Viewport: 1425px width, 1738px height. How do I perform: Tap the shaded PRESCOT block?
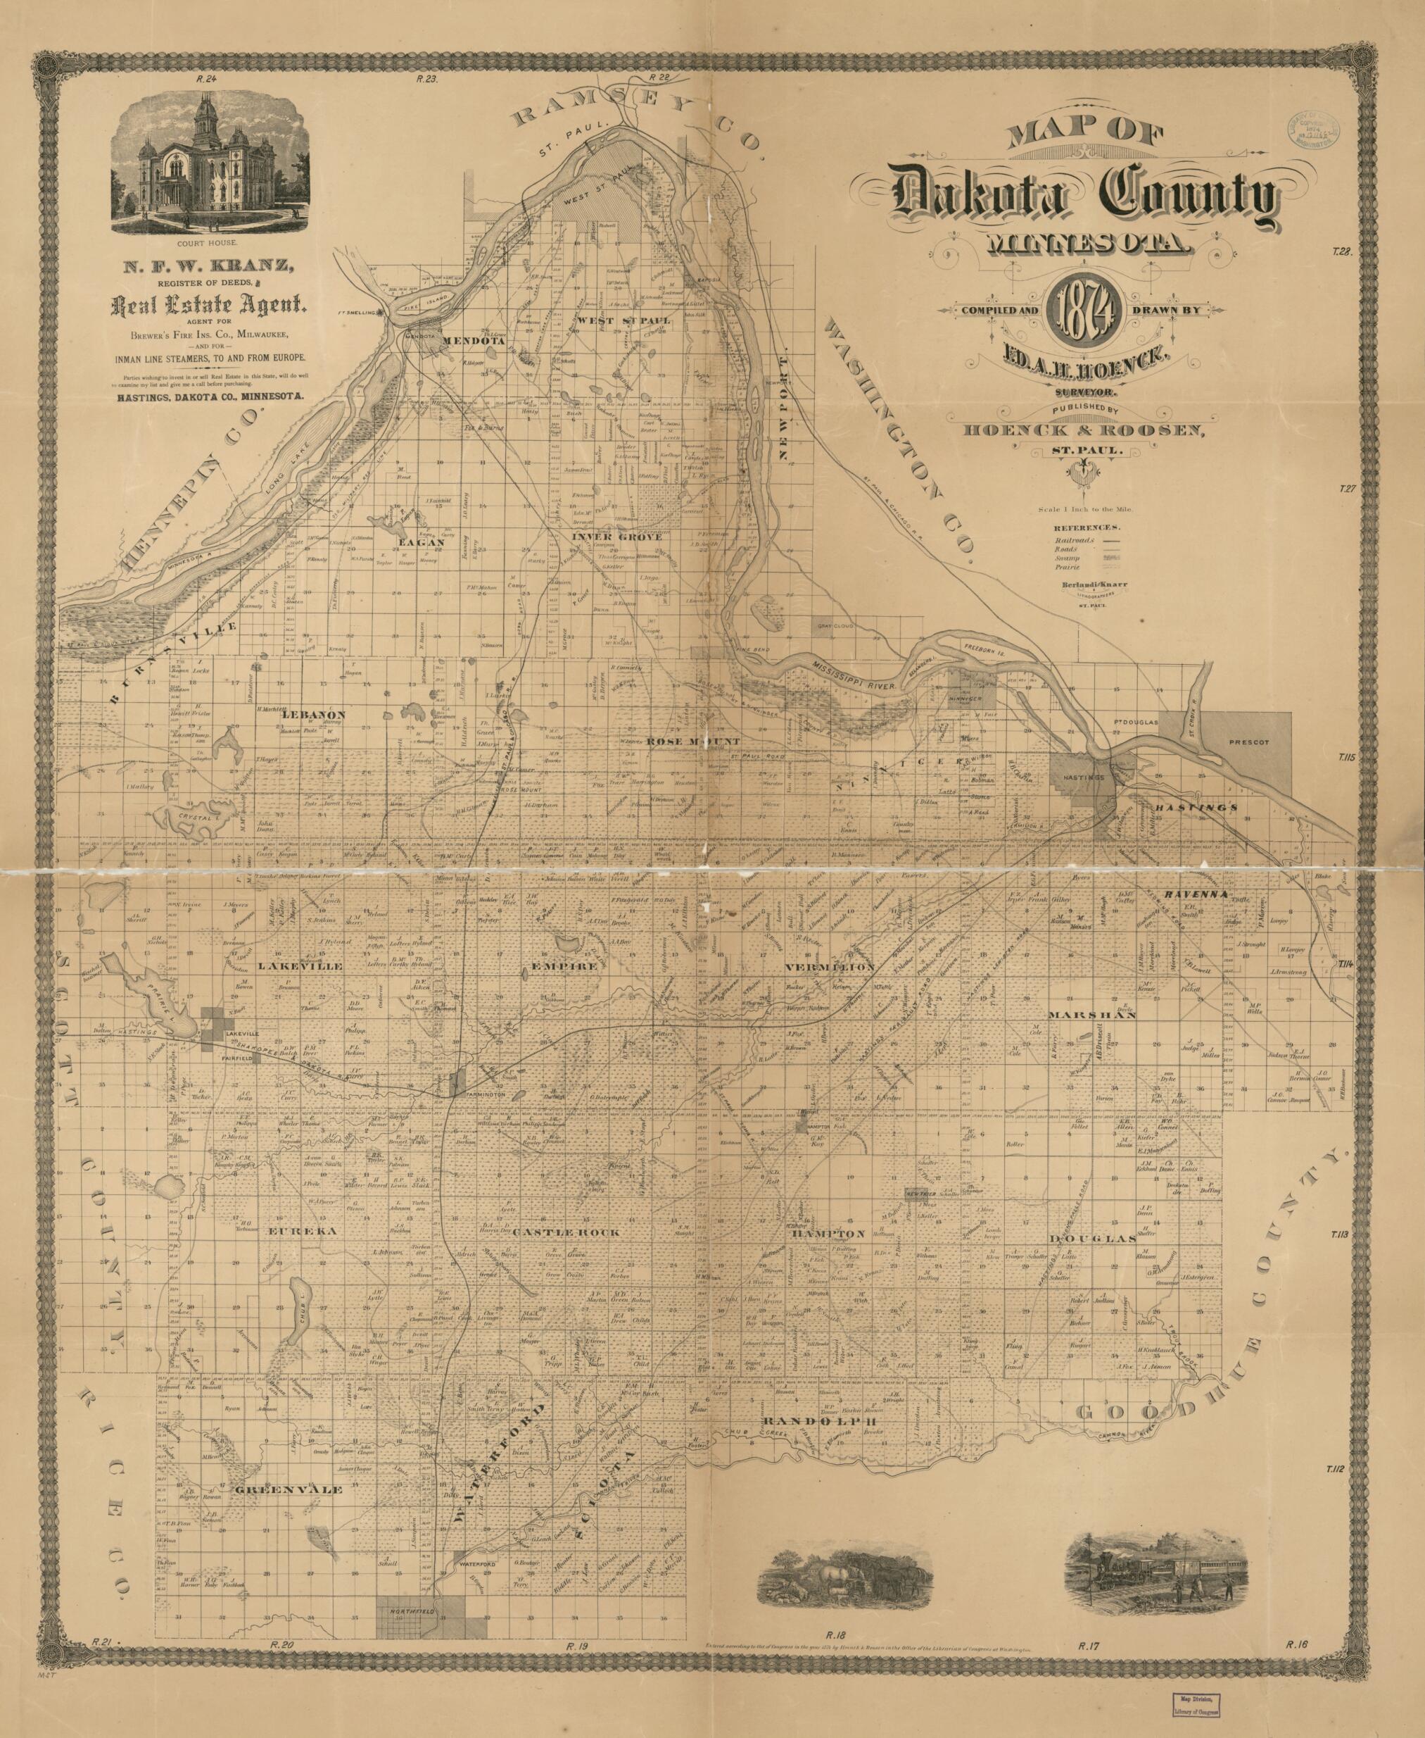point(1248,741)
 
